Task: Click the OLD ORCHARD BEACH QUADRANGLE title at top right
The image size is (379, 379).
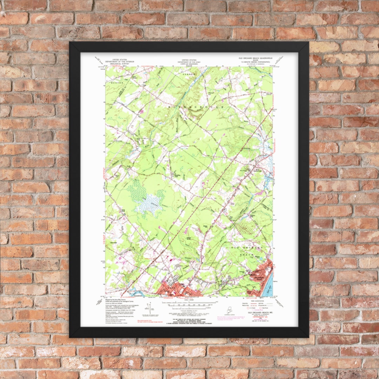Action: (x=255, y=58)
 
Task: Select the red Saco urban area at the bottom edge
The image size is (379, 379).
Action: (x=179, y=290)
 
